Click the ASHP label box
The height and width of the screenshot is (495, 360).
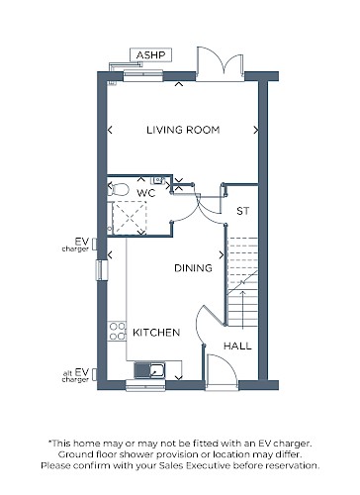pos(150,55)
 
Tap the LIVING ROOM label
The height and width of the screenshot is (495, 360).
pos(183,130)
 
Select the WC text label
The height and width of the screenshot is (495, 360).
pos(145,193)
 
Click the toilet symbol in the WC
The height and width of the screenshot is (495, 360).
pos(119,189)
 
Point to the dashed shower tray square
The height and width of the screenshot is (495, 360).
pos(130,218)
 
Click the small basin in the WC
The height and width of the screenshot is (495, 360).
pos(158,180)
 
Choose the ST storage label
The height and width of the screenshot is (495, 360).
pos(243,211)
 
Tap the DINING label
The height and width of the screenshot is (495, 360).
pos(193,268)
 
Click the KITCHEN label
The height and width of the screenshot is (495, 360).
pos(156,333)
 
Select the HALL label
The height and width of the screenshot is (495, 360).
pos(237,346)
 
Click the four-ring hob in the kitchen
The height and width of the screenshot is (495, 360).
pos(118,332)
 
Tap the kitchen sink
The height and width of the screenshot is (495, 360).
pos(149,370)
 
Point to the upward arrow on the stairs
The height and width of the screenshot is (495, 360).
pos(243,310)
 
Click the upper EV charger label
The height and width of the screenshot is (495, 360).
pos(76,245)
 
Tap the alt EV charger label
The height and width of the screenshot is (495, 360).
pos(76,375)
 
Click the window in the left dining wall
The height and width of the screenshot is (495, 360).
pos(102,270)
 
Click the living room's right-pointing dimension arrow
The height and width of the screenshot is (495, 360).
pos(256,131)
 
